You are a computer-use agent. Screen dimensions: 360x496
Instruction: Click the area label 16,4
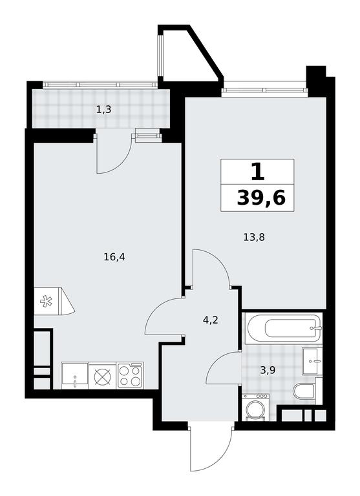pos(114,257)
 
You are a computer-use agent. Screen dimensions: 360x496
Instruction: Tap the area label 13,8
pos(253,237)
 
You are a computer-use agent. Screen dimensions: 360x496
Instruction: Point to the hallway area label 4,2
pos(211,320)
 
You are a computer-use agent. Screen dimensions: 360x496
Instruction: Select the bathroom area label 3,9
pos(268,370)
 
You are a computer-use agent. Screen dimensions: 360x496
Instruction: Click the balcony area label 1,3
pos(103,110)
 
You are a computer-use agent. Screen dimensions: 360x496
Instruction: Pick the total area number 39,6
pos(261,198)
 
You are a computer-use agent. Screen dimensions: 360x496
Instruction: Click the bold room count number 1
pos(257,172)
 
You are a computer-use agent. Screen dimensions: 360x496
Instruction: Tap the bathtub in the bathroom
pos(285,327)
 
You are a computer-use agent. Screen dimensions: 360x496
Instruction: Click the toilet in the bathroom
pos(304,391)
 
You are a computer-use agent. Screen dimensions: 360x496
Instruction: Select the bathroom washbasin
pos(312,361)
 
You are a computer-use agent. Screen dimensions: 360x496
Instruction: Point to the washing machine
pos(255,408)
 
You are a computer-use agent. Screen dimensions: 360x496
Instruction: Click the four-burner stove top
pos(130,375)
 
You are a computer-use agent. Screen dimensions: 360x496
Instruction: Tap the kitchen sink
pos(75,375)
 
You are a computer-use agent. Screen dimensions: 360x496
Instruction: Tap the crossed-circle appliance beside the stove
pos(103,375)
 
